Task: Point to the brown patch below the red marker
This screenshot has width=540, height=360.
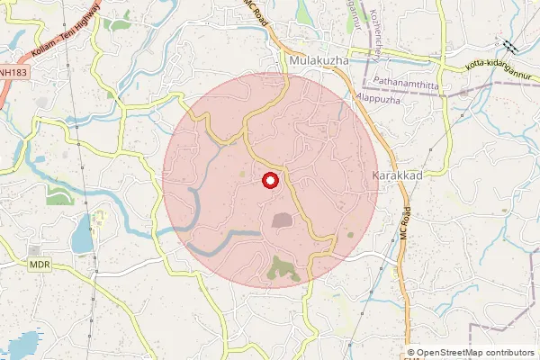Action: pyautogui.click(x=282, y=219)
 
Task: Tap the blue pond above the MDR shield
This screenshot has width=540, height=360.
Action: pyautogui.click(x=81, y=235)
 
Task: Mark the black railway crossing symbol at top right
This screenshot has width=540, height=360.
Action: pyautogui.click(x=510, y=46)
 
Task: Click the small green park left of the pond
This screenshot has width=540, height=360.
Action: pyautogui.click(x=58, y=195)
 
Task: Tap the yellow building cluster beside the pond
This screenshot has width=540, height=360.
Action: pyautogui.click(x=99, y=219)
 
